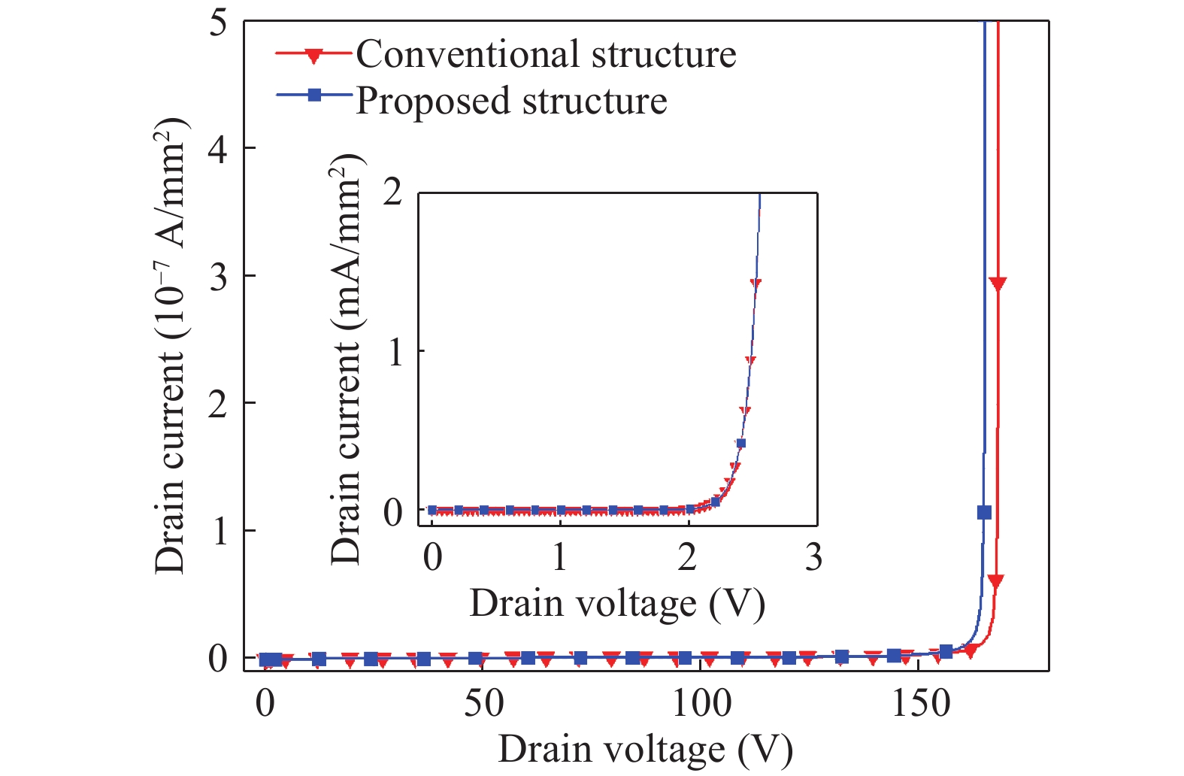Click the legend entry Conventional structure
[546, 54]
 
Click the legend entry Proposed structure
[511, 101]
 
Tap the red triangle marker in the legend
[314, 55]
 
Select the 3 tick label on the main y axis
[218, 277]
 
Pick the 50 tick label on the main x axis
[483, 704]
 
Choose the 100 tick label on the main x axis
[701, 704]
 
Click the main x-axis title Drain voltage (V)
[645, 750]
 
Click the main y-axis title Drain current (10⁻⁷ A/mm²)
[171, 346]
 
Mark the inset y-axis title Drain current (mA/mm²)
[347, 359]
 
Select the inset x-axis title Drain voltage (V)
[617, 604]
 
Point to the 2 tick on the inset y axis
[393, 194]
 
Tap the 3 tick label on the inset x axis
[813, 558]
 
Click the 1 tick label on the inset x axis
[559, 558]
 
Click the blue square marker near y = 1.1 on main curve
[984, 512]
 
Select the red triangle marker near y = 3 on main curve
[998, 283]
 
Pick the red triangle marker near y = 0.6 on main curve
[996, 581]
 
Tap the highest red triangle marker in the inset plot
[756, 283]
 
